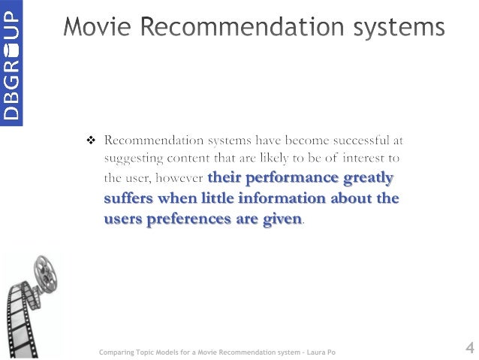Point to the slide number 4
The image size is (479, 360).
468,347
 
